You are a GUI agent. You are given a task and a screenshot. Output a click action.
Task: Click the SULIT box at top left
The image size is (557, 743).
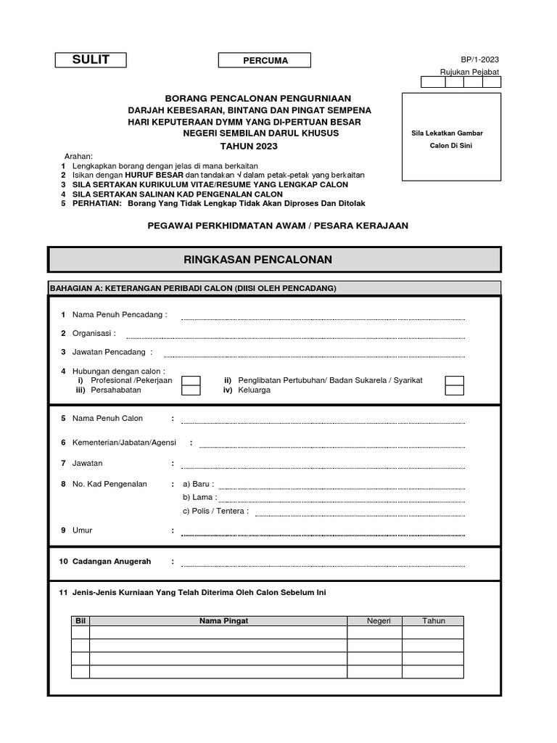point(91,60)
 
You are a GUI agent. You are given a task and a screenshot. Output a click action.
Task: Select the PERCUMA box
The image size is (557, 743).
point(265,60)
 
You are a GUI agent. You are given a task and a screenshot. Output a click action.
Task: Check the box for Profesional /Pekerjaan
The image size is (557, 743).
point(191,380)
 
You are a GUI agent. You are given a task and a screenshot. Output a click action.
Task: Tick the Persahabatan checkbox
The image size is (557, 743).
point(191,390)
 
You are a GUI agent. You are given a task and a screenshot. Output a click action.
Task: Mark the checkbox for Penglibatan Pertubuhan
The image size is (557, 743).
point(454,380)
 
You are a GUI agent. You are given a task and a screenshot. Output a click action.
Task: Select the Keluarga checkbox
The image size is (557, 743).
point(454,390)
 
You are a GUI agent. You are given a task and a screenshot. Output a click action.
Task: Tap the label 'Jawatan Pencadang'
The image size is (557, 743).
point(112,352)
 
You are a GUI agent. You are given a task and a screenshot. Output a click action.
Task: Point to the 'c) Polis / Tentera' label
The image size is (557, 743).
point(215,511)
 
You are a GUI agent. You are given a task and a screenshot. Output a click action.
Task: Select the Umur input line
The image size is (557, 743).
point(323,533)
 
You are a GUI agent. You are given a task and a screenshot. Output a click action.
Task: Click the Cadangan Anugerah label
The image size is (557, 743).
point(112,562)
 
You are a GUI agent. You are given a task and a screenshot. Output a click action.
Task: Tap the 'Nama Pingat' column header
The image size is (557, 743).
point(218,621)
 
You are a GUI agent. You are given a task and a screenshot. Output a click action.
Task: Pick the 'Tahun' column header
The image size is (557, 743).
point(433,621)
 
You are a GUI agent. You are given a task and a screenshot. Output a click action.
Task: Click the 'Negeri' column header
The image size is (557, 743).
point(374,621)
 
